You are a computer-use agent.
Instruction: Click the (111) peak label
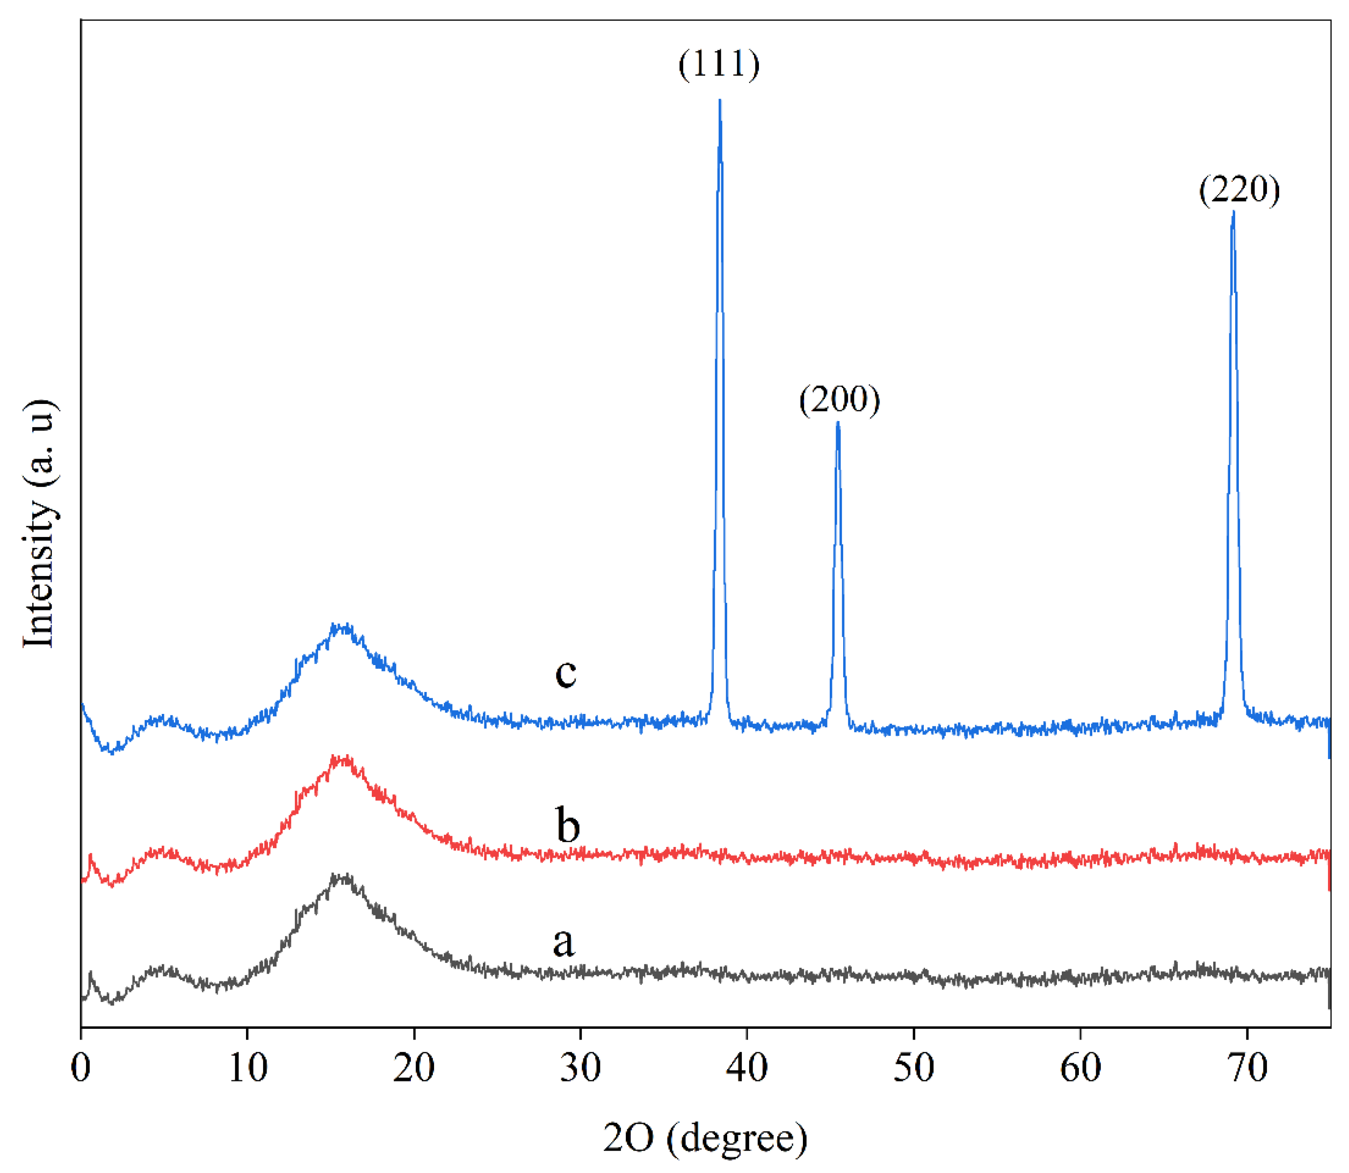[x=719, y=64]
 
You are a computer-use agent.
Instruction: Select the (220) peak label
[x=1239, y=190]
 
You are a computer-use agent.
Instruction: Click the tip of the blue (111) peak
[x=720, y=101]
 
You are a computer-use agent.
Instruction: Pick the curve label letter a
[x=564, y=943]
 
